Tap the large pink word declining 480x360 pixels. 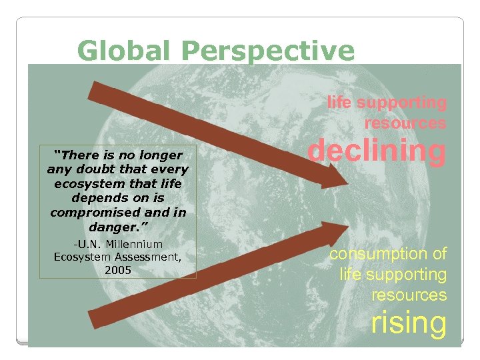tap(376, 151)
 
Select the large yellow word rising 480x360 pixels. tap(408, 322)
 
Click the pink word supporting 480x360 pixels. tap(402, 103)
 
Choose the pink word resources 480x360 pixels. tap(405, 123)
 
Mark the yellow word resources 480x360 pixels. tap(409, 294)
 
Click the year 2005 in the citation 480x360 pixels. tap(118, 270)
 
